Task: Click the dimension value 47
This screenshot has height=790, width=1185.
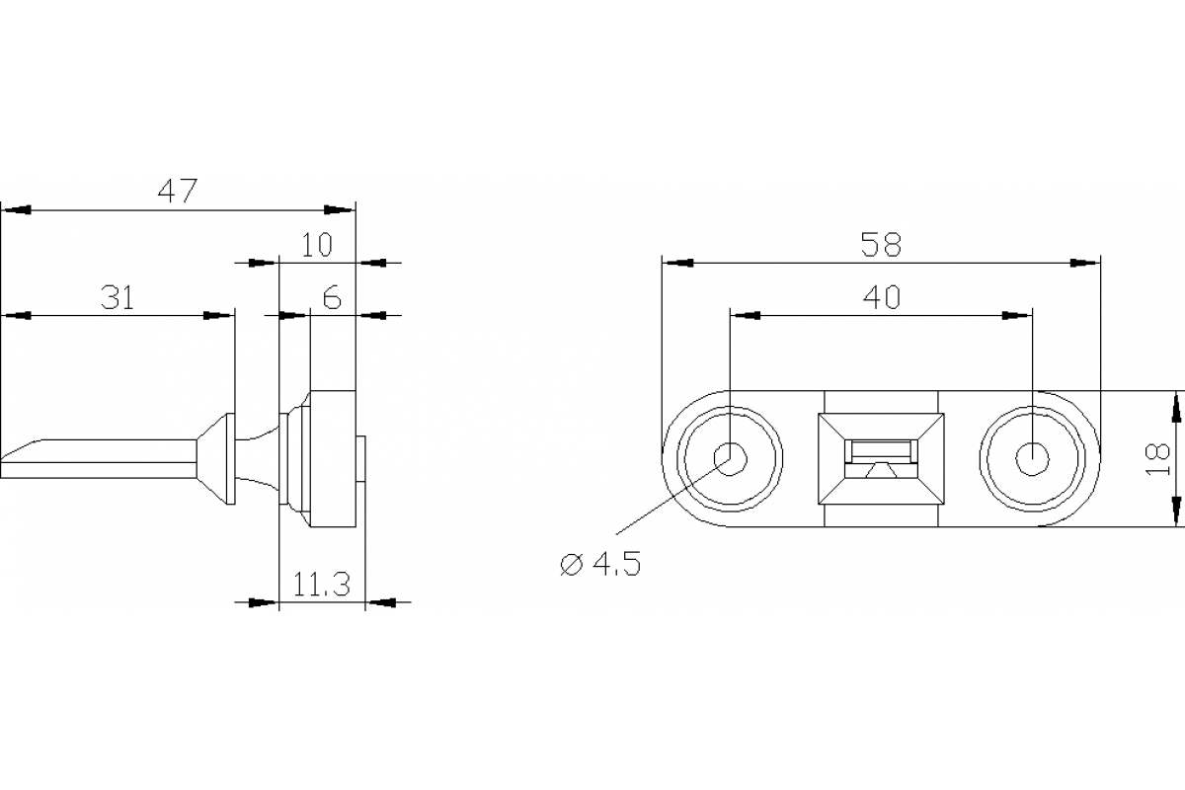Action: [x=179, y=190]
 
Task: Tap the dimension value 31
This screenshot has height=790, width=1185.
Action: [x=118, y=296]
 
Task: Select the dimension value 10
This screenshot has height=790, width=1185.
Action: [x=317, y=245]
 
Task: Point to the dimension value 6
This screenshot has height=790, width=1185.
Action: [x=332, y=297]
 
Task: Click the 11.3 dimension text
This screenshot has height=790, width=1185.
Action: [x=322, y=586]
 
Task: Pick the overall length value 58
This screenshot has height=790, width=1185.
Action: [x=881, y=245]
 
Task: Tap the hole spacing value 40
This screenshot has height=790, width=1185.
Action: [x=881, y=297]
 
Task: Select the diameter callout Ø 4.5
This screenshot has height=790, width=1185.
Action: [x=599, y=565]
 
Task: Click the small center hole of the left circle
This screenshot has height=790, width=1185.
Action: [x=731, y=458]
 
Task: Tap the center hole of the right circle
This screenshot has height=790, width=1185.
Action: [x=1032, y=458]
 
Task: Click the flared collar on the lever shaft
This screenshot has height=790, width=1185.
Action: [x=217, y=458]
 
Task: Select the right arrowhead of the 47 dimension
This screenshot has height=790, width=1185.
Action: [x=340, y=209]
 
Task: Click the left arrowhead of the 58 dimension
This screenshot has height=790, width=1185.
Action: [x=677, y=263]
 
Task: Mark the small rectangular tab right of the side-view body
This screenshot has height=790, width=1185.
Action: [x=361, y=459]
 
